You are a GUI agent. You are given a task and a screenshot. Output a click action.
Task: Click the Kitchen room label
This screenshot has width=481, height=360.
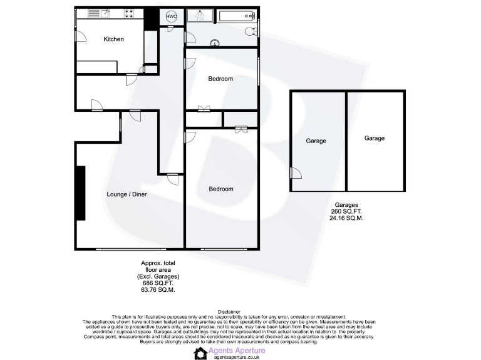click(x=113, y=39)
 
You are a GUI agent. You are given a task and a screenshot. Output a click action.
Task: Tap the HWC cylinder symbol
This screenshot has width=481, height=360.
click(x=172, y=16)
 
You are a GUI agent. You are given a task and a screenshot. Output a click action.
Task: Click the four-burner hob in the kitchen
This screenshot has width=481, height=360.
click(x=130, y=12)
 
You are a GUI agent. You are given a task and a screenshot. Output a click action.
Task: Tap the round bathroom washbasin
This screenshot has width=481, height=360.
click(x=215, y=43)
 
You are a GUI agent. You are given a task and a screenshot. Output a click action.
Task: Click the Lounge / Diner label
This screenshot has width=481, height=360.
click(x=127, y=194)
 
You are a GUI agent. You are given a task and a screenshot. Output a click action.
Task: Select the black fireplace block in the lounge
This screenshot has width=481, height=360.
click(x=80, y=193)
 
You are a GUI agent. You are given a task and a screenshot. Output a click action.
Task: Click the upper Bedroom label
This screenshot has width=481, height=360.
click(x=220, y=79)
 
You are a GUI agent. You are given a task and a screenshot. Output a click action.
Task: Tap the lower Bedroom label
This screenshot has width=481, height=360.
click(x=220, y=189)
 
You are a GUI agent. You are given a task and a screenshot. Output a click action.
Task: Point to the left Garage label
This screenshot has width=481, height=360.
click(x=316, y=141)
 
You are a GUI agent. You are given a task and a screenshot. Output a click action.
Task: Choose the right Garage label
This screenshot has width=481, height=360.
click(x=375, y=138)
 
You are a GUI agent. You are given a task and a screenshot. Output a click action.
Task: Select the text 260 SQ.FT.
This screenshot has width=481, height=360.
click(x=346, y=211)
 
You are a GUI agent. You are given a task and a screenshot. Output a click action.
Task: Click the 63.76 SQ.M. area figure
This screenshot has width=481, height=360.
click(x=158, y=290)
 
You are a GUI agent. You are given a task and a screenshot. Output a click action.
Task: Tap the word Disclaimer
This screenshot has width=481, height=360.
click(x=229, y=311)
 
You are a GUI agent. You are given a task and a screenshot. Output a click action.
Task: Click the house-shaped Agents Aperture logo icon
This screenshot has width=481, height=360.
click(x=200, y=354)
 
